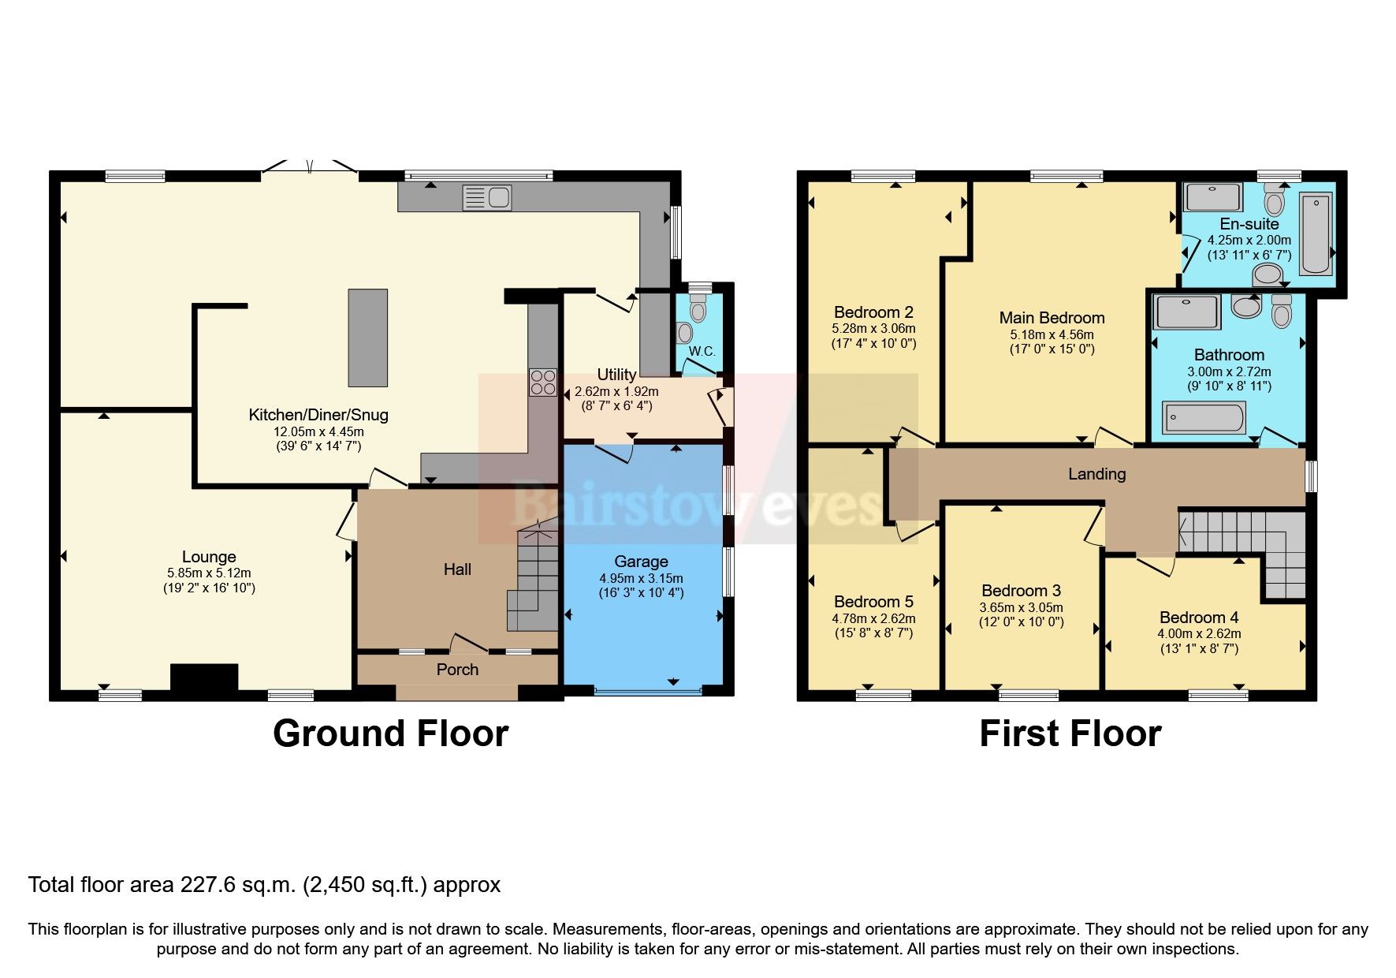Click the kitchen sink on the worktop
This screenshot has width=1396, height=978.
click(486, 197)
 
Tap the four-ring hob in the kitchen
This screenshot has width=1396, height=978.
click(543, 383)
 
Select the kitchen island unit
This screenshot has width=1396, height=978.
click(368, 338)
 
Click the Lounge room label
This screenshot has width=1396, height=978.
click(209, 557)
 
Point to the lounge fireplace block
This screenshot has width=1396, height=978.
click(204, 679)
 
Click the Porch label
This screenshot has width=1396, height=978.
click(457, 670)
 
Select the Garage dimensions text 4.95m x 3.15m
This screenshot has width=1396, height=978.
click(641, 578)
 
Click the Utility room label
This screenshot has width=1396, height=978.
click(616, 375)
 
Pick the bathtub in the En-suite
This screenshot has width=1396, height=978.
click(1315, 234)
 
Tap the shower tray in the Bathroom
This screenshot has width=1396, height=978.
click(1186, 312)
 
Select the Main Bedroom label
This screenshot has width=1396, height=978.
click(1052, 318)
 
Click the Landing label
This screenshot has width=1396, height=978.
click(1096, 474)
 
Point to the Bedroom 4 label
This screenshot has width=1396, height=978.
click(1193, 618)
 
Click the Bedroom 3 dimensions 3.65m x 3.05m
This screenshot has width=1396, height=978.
click(1021, 607)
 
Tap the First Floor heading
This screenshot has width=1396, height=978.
click(1070, 733)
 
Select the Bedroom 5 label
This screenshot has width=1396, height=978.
click(873, 602)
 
